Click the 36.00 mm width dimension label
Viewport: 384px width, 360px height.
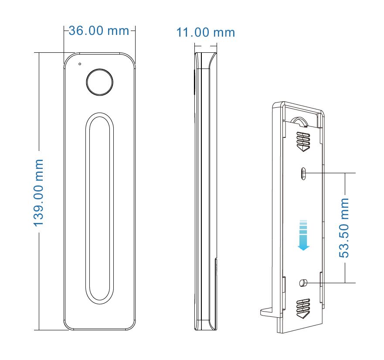click(x=99, y=31)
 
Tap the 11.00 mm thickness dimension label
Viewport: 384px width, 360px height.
click(x=205, y=32)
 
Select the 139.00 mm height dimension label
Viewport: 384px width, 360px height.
click(x=38, y=192)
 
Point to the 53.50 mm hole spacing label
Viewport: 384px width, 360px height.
click(x=343, y=228)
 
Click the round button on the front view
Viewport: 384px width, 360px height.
click(x=100, y=82)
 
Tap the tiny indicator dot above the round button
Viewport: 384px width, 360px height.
click(x=80, y=64)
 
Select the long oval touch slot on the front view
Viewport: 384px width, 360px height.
click(x=100, y=209)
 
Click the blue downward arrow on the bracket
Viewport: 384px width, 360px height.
click(x=303, y=235)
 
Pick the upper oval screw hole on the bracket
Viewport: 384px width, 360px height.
click(x=303, y=174)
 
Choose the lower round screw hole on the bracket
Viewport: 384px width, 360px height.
click(x=303, y=283)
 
